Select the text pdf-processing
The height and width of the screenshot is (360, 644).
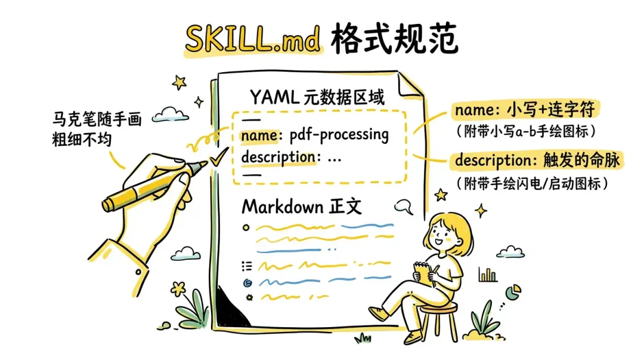pyautogui.click(x=339, y=135)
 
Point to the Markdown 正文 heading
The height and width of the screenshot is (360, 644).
pyautogui.click(x=302, y=207)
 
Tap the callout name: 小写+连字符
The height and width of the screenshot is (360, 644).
pyautogui.click(x=527, y=110)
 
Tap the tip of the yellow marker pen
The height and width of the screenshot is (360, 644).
pyautogui.click(x=203, y=164)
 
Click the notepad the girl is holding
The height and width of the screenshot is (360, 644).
pyautogui.click(x=425, y=271)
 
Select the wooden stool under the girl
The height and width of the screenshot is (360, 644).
pyautogui.click(x=438, y=319)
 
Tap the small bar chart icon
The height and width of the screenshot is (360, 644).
pyautogui.click(x=488, y=275)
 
